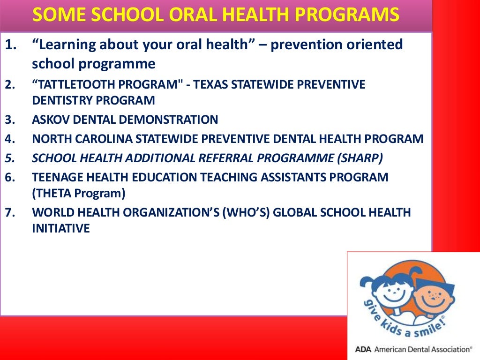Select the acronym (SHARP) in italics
(x=360, y=158)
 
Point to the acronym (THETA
(x=52, y=193)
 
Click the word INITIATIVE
(x=60, y=228)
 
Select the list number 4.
(x=9, y=139)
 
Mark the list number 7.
(x=9, y=212)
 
